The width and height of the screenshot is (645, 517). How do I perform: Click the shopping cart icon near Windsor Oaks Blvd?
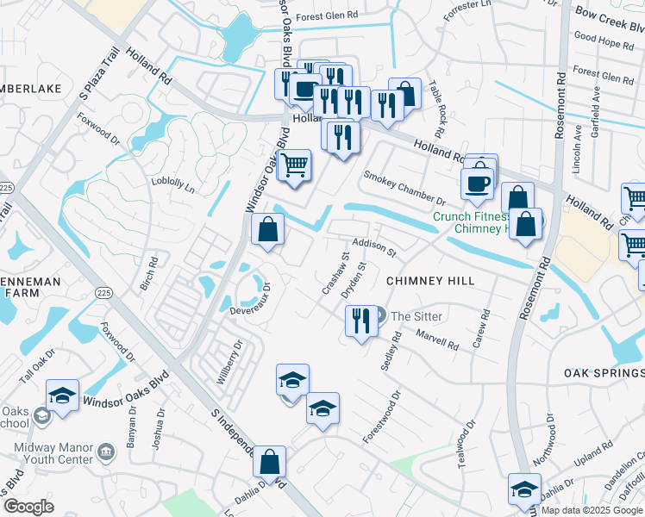click(295, 165)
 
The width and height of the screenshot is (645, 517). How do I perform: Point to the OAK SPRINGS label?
click(604, 373)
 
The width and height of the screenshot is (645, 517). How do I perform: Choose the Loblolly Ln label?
click(172, 184)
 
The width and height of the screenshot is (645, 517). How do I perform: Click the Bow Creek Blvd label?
click(609, 15)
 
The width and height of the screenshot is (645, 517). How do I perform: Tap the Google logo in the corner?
click(28, 507)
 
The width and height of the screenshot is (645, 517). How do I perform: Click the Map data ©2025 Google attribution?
click(592, 510)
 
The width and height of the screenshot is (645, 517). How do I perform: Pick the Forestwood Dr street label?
click(382, 418)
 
